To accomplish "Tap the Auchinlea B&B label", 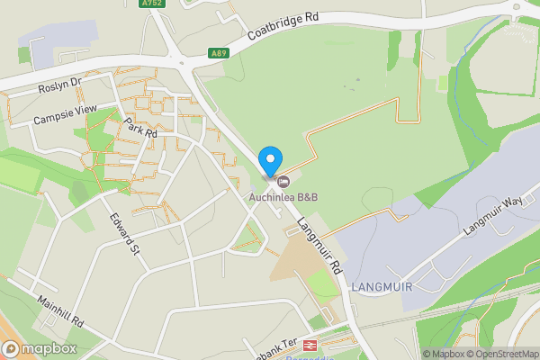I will pyautogui.click(x=284, y=198).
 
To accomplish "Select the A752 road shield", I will pyautogui.click(x=152, y=4).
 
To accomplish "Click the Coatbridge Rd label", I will pyautogui.click(x=285, y=29).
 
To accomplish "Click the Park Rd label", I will pyautogui.click(x=141, y=128).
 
